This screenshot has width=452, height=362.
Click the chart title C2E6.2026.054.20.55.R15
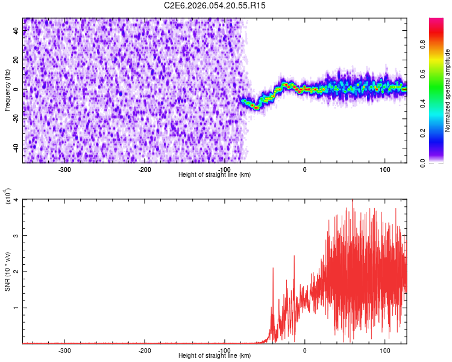pos(215,5)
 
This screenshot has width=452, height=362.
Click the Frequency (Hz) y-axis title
pos(7,91)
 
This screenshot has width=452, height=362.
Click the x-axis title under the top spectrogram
pos(215,174)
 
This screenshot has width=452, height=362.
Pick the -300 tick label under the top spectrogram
pos(64,169)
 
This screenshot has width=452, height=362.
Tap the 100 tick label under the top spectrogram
pos(385,169)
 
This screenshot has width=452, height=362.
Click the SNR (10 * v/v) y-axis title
pos(7,271)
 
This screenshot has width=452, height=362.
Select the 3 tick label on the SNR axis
pos(17,236)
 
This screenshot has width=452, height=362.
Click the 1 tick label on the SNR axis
pos(17,308)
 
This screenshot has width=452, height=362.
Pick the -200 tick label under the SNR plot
pos(145,350)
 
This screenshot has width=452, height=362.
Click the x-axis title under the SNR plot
pos(215,355)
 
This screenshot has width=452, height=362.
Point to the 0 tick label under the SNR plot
pos(304,350)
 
